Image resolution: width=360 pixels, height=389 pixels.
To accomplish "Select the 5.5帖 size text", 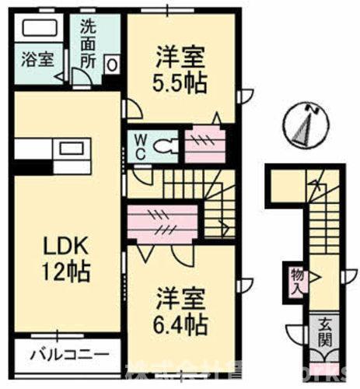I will point(180,83).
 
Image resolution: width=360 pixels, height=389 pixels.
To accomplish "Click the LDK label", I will point(66,247).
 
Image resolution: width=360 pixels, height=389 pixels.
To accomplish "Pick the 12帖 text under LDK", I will point(66,273).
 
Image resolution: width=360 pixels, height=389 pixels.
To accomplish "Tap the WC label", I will point(141,145).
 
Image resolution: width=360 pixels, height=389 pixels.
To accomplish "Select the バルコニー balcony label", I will point(69,356).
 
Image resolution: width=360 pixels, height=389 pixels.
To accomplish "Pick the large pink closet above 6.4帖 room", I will point(166,222).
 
